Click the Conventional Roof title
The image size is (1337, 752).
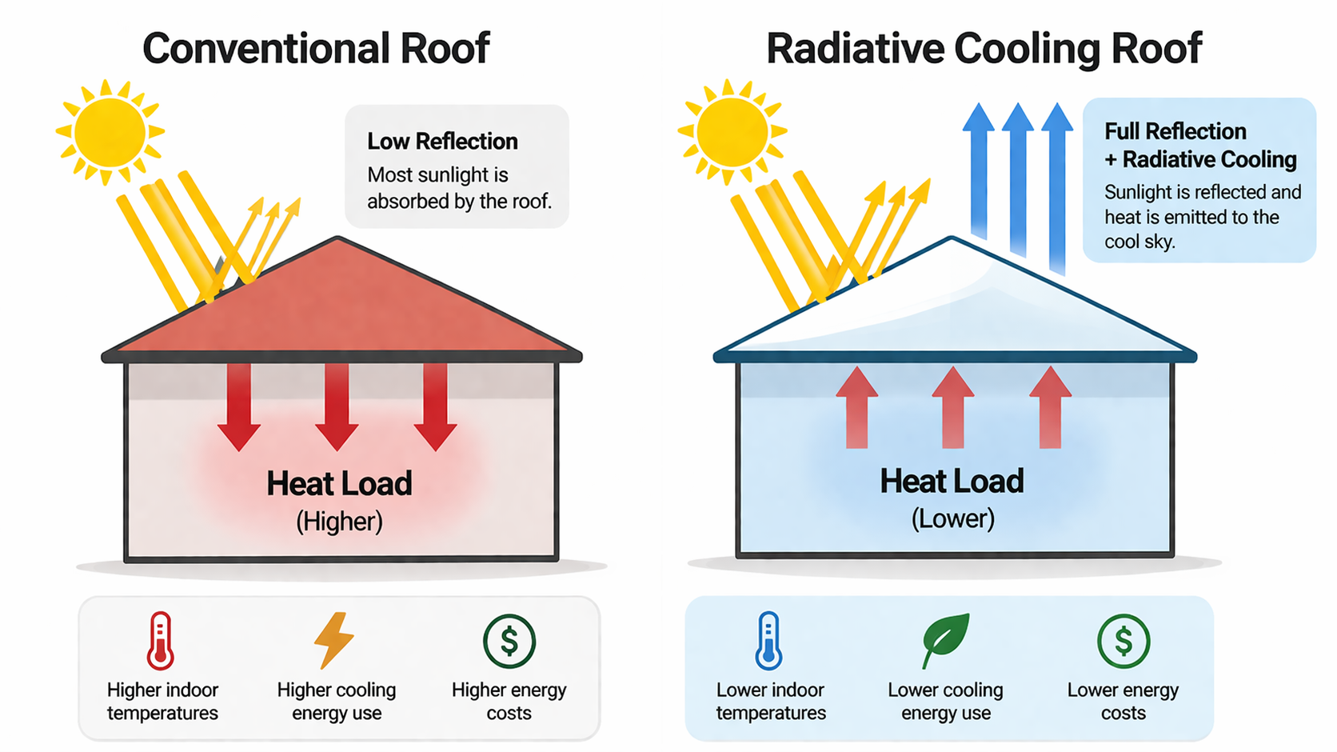click(316, 49)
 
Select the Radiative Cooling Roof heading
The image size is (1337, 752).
click(984, 49)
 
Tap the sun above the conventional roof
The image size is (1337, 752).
click(110, 132)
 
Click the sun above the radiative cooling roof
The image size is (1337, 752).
click(732, 132)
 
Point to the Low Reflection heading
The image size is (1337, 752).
click(442, 142)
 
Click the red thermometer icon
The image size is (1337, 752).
click(161, 641)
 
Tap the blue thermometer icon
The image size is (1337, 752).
click(768, 641)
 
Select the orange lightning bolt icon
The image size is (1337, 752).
click(334, 640)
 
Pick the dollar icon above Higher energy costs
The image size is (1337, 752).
click(509, 642)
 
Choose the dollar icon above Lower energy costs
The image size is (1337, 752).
click(1123, 642)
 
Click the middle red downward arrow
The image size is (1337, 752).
click(337, 408)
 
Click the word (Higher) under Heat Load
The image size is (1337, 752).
click(339, 522)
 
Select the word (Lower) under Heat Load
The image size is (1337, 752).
click(952, 519)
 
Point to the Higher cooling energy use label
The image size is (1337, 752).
click(337, 702)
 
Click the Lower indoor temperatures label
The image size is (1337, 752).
click(771, 702)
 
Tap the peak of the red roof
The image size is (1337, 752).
click(337, 239)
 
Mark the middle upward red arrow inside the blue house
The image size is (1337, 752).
click(952, 408)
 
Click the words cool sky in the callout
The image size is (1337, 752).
click(1139, 242)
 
